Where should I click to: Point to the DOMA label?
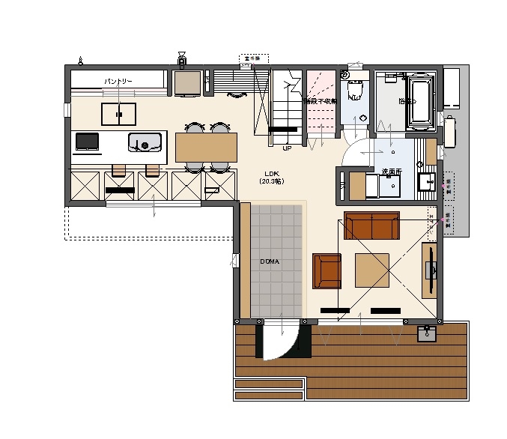click(x=270, y=261)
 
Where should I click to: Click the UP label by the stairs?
click(x=287, y=148)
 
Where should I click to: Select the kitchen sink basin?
click(x=145, y=142)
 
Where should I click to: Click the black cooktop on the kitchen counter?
click(x=87, y=141)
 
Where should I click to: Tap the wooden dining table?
click(x=206, y=147)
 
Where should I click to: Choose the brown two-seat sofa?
click(x=371, y=225)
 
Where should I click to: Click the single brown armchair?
click(x=327, y=270)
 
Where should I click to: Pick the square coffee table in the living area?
click(x=372, y=270)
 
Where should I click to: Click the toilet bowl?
click(x=357, y=91)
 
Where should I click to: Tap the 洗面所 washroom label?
click(x=391, y=172)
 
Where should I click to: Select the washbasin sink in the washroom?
click(x=427, y=181)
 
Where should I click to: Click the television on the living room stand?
click(x=431, y=269)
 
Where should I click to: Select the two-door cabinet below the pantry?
click(x=119, y=114)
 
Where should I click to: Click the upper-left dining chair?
click(x=195, y=128)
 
